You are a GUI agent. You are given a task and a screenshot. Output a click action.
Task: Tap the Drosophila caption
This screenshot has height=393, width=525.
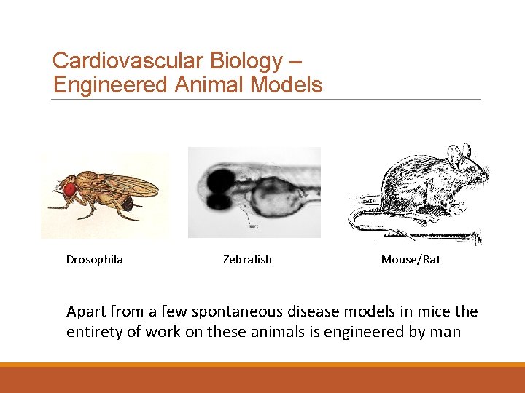point(95,260)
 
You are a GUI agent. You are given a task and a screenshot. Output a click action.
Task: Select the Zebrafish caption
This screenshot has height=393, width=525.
point(247,260)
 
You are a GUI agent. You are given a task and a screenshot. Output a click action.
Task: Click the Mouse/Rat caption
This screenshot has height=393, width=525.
point(411,260)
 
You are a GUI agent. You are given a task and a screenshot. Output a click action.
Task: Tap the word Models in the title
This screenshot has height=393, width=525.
point(287,85)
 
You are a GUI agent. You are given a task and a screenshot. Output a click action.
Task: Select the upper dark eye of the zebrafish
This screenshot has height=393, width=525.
point(217,178)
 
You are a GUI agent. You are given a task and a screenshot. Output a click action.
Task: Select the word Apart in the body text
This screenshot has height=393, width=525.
point(85,311)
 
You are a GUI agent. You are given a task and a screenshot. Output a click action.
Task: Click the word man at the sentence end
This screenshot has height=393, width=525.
point(446,333)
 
